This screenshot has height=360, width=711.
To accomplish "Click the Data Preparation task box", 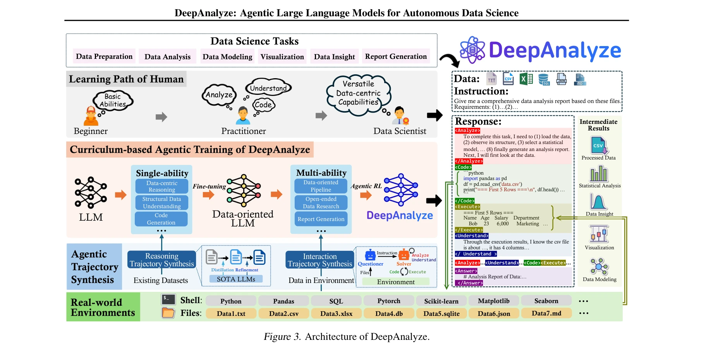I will click(104, 57).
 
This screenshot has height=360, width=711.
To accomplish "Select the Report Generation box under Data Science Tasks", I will click(396, 57).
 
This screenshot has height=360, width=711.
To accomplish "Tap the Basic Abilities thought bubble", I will click(113, 101).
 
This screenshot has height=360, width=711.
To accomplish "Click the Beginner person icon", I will click(91, 116).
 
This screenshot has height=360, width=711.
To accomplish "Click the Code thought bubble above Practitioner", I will click(263, 105).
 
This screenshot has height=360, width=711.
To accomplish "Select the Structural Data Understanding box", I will click(161, 202).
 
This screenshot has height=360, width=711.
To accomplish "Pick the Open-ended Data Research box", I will click(321, 202).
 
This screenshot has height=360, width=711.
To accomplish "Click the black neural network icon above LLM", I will click(91, 192).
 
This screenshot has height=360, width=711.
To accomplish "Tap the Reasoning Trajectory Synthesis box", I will click(161, 260).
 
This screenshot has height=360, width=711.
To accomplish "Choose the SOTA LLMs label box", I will click(236, 279).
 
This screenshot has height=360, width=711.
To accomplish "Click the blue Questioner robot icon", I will click(371, 255).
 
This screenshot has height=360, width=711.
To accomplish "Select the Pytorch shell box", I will click(389, 301).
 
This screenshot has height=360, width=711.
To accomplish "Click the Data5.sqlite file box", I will click(441, 314).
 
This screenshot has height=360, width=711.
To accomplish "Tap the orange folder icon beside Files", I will click(168, 313).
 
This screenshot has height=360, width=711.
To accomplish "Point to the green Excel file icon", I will click(526, 79).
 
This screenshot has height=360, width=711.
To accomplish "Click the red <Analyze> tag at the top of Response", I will click(467, 131).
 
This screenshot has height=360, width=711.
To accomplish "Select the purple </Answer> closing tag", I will click(470, 283).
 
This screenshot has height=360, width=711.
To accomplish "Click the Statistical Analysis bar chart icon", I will click(599, 174).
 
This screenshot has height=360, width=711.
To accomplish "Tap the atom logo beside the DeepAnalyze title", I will click(472, 50).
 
